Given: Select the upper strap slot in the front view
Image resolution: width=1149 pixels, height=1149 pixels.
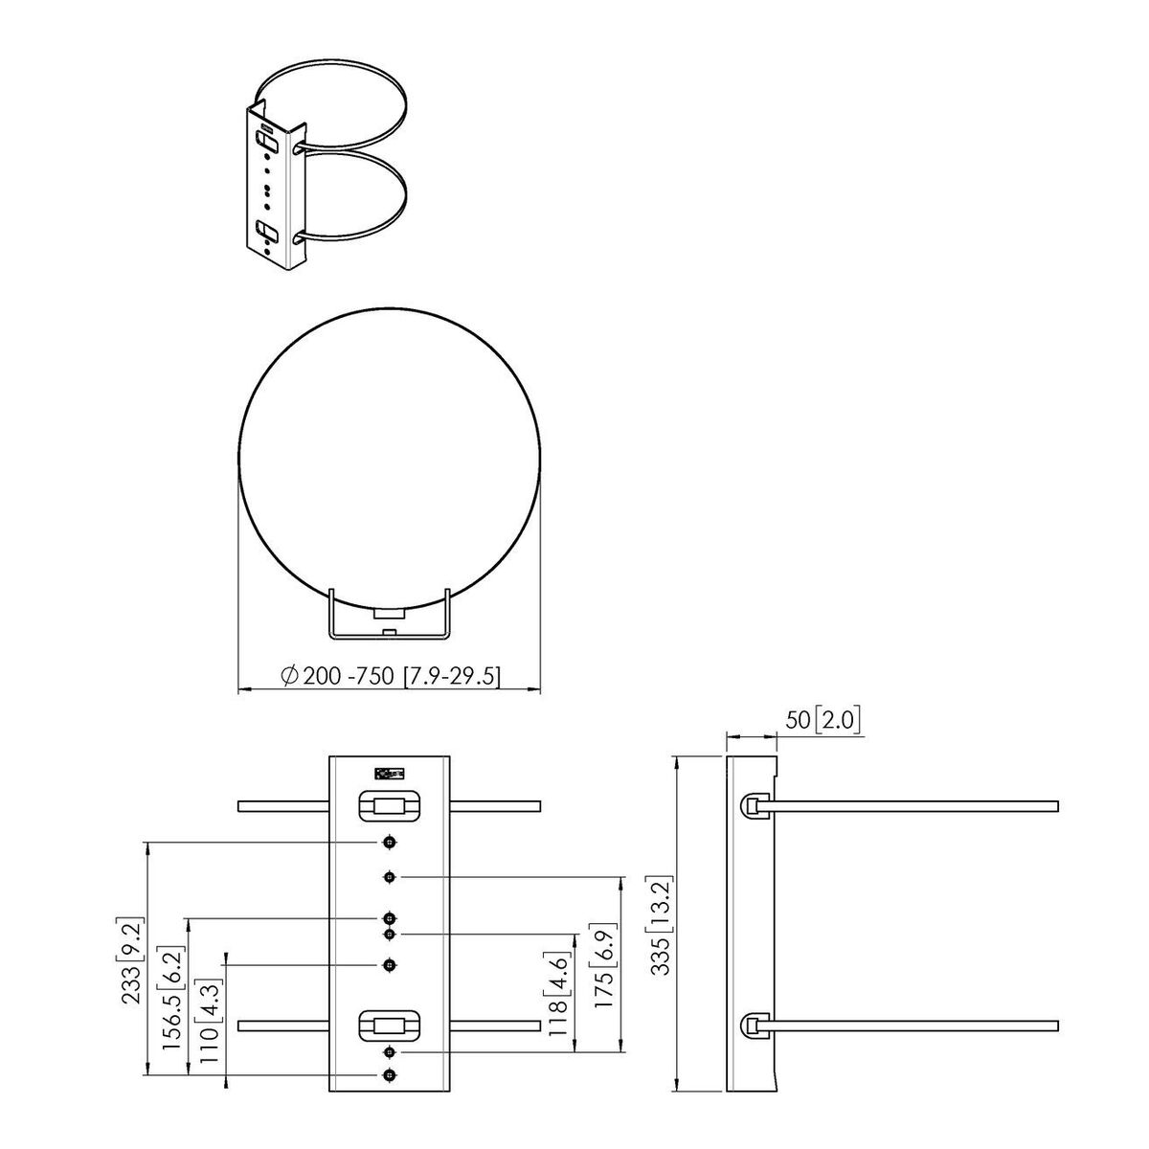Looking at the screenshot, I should click(389, 806).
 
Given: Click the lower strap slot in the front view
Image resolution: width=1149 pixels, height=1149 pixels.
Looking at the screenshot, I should click(389, 1025).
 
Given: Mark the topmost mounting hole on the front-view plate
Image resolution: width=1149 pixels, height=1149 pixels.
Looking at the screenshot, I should click(389, 842).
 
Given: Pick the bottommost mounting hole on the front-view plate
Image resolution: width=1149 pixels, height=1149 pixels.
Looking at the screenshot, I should click(389, 1075).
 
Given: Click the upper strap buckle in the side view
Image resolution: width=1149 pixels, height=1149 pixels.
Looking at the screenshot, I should click(755, 806).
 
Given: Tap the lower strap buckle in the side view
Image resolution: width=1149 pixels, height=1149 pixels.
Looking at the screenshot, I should click(755, 1025).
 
